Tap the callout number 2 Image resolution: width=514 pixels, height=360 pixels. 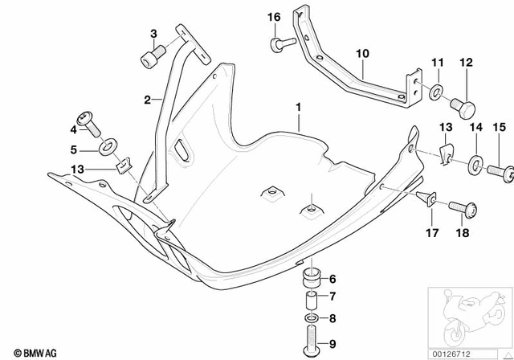point(147,100)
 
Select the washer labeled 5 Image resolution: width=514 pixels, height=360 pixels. point(107,149)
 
